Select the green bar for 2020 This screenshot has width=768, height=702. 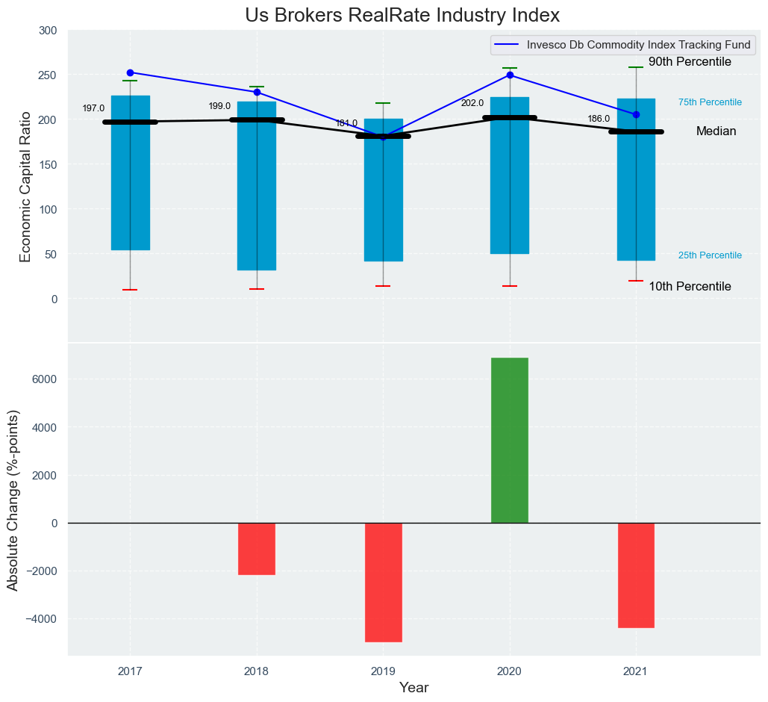[x=510, y=440]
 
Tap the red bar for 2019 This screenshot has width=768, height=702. [x=384, y=583]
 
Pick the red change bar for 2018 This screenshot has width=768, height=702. [x=257, y=549]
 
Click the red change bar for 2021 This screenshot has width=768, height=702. [x=636, y=575]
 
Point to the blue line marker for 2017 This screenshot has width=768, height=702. [x=130, y=72]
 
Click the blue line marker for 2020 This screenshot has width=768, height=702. [x=510, y=75]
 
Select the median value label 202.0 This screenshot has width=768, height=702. [x=472, y=103]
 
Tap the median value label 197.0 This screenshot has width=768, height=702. [x=93, y=108]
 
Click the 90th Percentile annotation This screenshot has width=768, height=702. [x=690, y=62]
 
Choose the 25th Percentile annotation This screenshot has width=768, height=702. [x=710, y=255]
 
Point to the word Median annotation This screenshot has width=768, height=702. [x=716, y=131]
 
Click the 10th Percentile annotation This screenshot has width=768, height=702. [x=690, y=287]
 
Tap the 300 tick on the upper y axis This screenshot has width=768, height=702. [x=48, y=31]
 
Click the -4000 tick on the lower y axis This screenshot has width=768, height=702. [x=40, y=619]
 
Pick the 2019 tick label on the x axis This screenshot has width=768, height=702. [x=383, y=671]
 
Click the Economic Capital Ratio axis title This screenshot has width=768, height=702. [x=25, y=187]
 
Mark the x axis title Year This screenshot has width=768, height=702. [x=413, y=688]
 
